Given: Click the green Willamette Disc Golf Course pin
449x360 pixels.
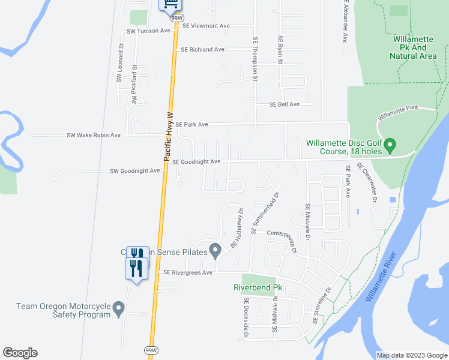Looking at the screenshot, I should [390, 146].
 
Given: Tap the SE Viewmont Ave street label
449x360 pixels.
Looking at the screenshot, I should [206, 26].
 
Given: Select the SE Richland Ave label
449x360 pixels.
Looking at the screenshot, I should [202, 50].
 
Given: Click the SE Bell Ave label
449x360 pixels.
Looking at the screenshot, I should [285, 104].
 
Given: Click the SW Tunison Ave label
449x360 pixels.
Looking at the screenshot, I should [149, 31].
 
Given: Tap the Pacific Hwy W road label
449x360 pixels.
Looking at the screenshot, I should [169, 136].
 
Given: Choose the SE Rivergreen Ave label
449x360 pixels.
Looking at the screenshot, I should [188, 272].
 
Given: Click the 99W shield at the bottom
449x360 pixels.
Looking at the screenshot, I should [150, 349].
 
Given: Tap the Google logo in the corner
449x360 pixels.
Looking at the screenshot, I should [20, 353].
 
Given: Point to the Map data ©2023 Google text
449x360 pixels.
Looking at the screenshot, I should [411, 355].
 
